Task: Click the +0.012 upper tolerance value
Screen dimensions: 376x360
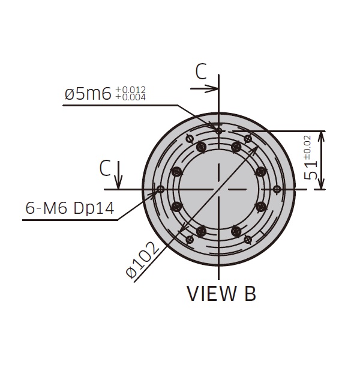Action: click(131, 90)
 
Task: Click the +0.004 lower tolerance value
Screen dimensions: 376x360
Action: click(131, 97)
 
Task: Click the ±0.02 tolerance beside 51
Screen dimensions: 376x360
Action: click(307, 146)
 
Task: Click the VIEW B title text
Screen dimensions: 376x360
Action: click(221, 294)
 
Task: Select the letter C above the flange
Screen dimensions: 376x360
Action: click(202, 73)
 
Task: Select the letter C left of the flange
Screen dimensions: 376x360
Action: click(105, 169)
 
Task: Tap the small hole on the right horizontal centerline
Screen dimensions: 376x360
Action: click(277, 189)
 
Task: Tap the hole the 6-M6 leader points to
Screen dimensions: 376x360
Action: click(160, 189)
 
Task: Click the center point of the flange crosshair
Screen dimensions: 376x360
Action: click(219, 189)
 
